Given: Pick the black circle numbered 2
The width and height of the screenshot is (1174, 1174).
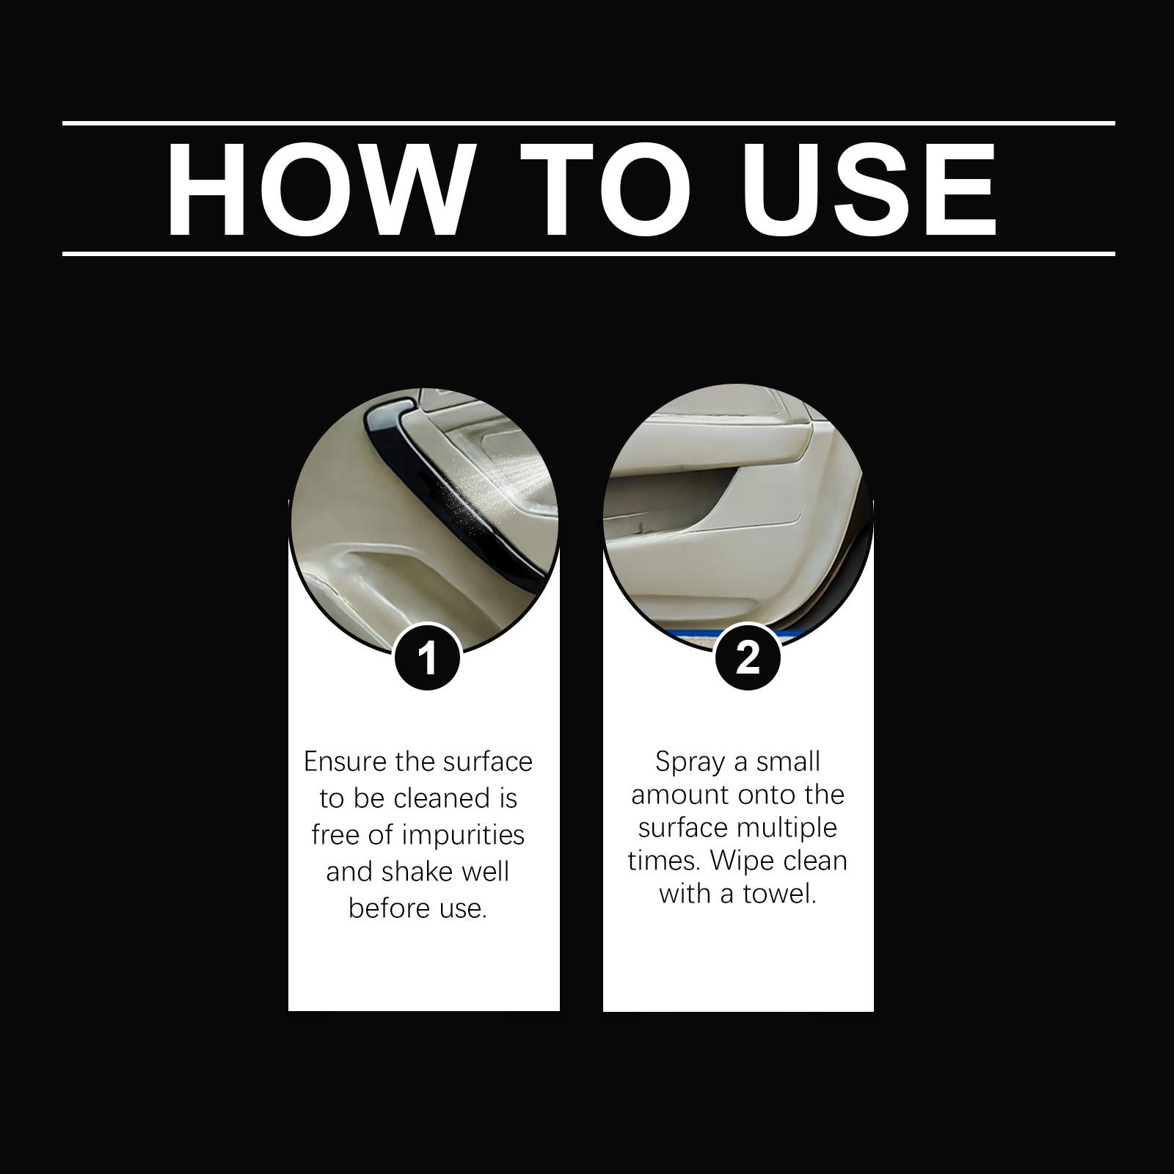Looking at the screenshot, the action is click(x=747, y=657).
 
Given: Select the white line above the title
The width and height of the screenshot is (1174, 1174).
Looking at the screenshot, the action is click(x=588, y=123).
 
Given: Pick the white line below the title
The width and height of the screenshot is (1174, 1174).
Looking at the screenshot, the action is click(x=588, y=254).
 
